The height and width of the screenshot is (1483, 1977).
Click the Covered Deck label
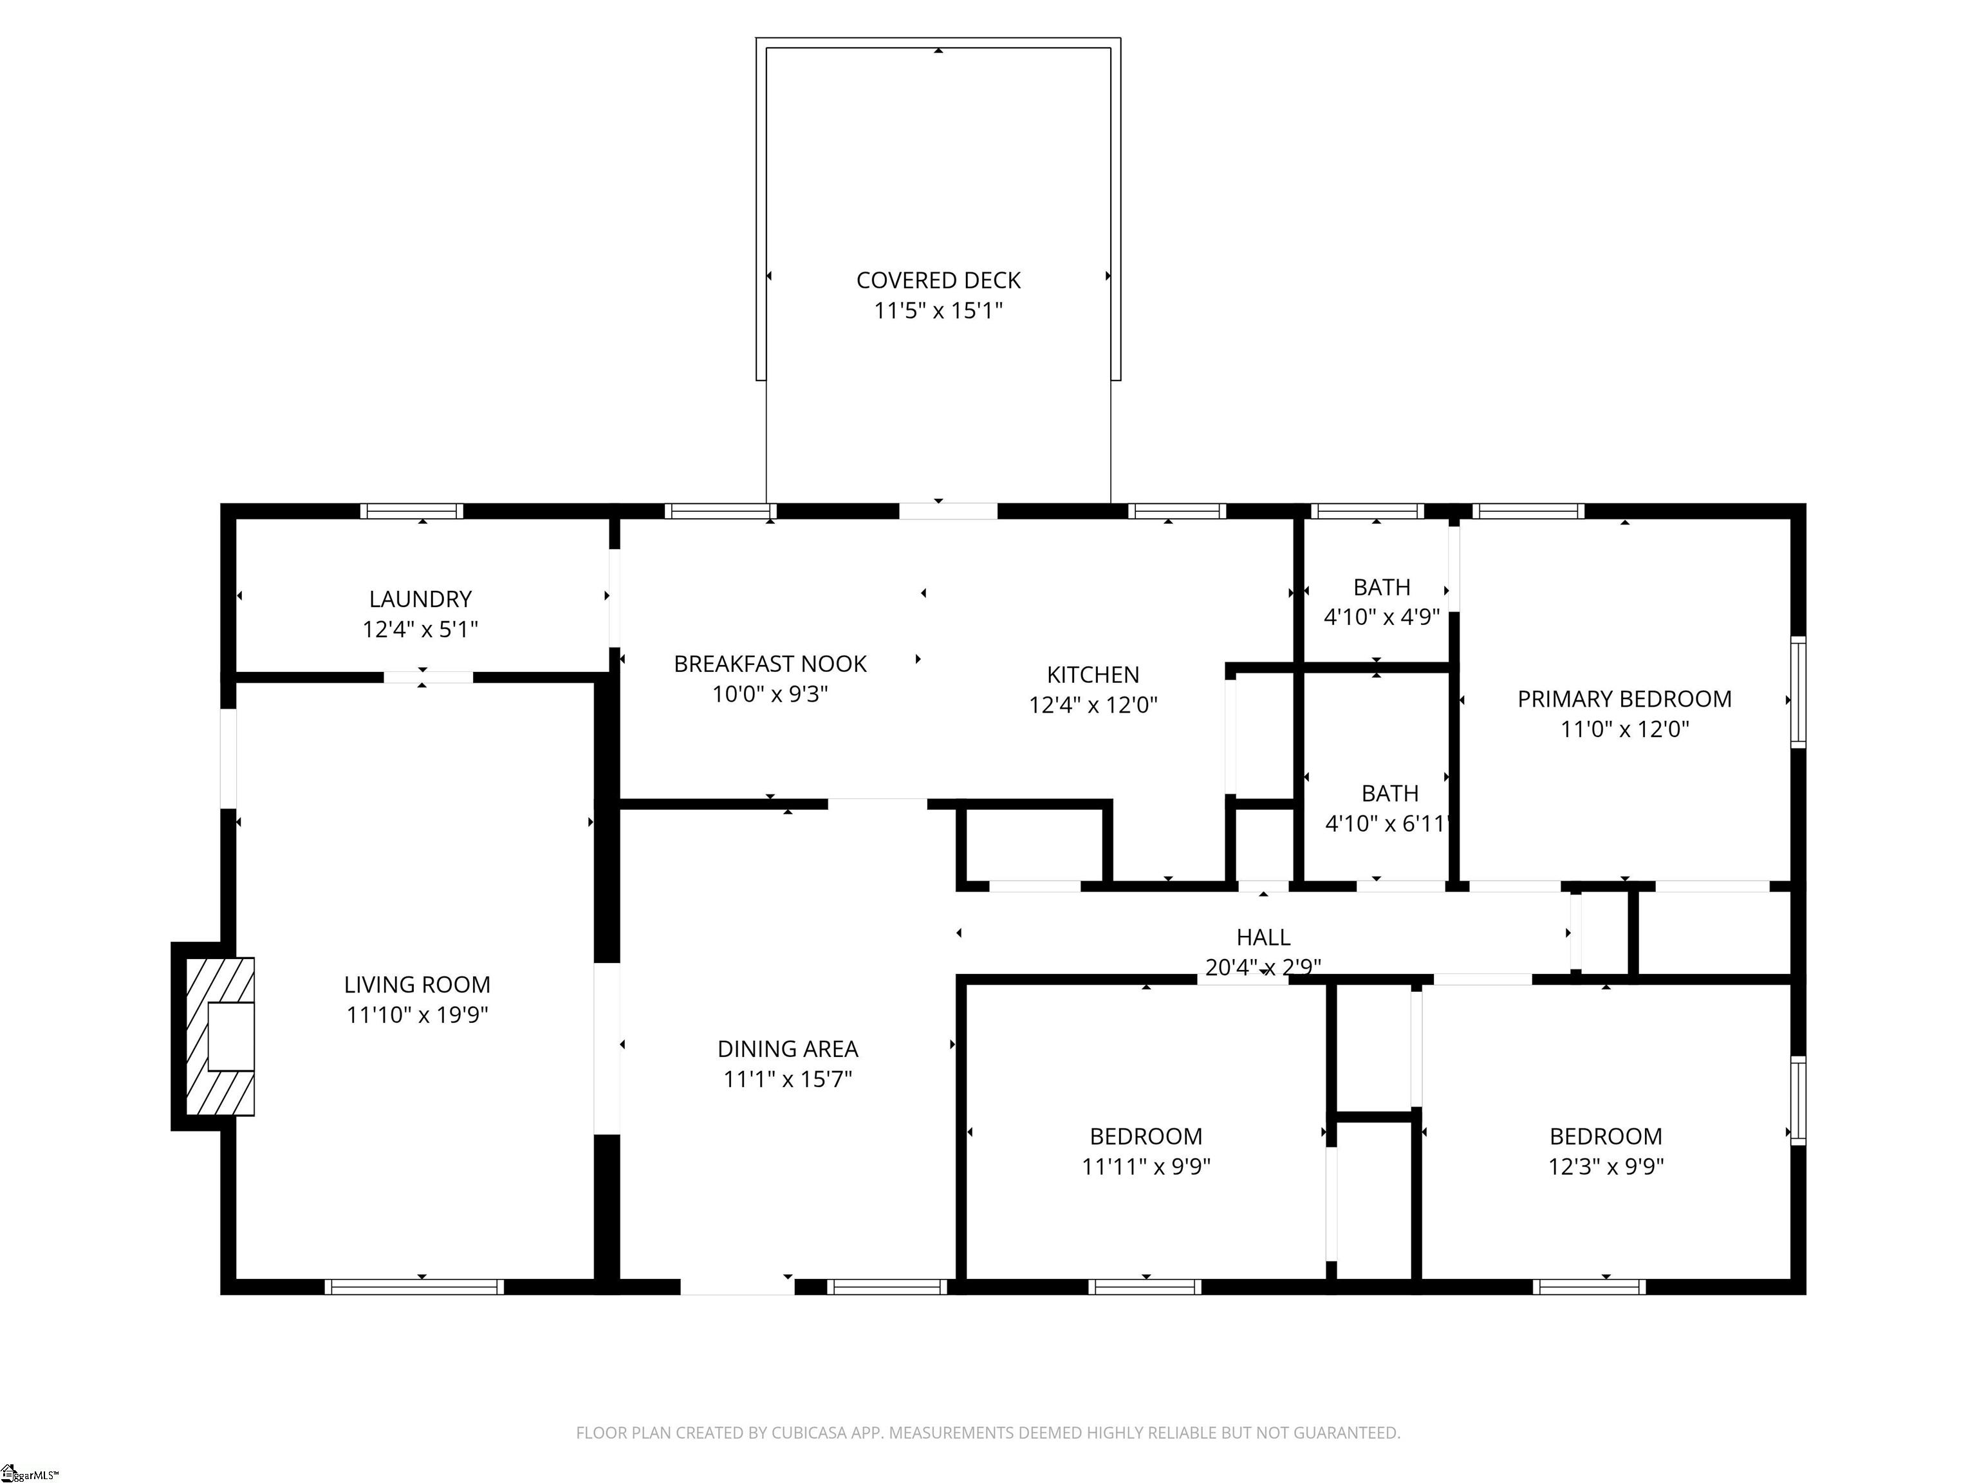pos(938,281)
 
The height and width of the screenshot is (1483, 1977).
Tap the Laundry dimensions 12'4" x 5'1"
pos(420,630)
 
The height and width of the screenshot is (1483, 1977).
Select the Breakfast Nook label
pos(770,664)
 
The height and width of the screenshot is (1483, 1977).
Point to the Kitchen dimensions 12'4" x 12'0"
pos(1093,705)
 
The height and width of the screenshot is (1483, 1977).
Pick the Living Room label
pos(418,985)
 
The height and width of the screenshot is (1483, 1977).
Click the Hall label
pos(1263,938)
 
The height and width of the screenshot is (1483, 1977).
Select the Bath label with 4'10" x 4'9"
pos(1382,587)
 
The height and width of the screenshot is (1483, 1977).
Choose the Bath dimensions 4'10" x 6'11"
pos(1386,823)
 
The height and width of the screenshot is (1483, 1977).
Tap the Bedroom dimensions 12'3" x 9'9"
pos(1606,1166)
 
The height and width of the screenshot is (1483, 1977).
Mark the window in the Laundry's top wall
pos(412,511)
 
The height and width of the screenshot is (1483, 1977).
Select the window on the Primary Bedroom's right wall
pos(1798,692)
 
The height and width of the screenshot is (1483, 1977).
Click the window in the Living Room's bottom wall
pos(414,1287)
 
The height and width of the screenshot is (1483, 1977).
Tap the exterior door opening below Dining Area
pos(738,1287)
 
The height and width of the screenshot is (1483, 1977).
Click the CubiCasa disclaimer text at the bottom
pos(988,1433)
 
